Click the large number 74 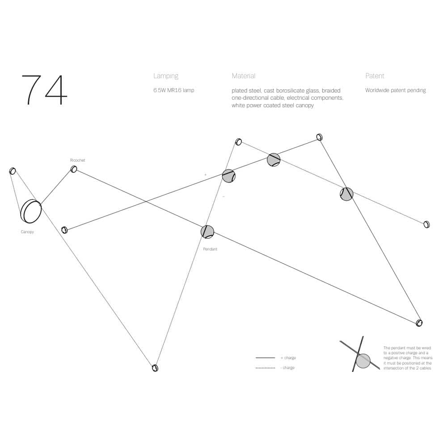click(x=44, y=90)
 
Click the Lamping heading click(x=166, y=76)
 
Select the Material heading click(x=244, y=76)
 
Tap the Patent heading click(x=375, y=76)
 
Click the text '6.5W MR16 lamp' click(x=174, y=90)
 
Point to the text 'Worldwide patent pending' click(x=396, y=90)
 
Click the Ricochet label click(x=77, y=160)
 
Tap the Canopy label click(x=27, y=232)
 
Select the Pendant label click(x=210, y=249)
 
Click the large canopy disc click(x=31, y=211)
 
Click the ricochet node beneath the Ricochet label click(x=74, y=169)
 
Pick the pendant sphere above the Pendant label click(x=207, y=232)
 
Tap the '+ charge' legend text click(x=288, y=358)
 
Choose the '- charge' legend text click(x=287, y=368)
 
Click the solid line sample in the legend click(x=266, y=358)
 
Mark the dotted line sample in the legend click(x=266, y=368)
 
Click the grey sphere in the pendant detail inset click(x=363, y=361)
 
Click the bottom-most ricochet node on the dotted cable click(x=155, y=368)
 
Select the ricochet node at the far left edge click(x=13, y=171)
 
